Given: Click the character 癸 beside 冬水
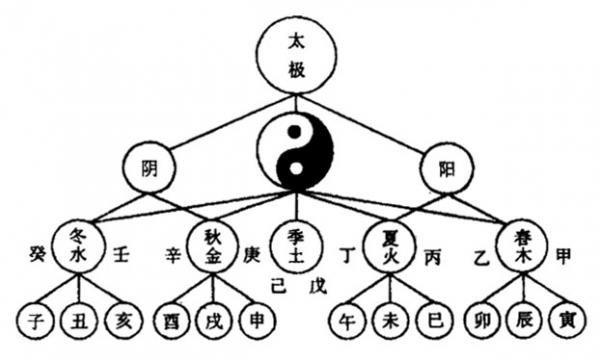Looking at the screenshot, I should pyautogui.click(x=36, y=252).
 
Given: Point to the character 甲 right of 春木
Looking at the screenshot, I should pyautogui.click(x=566, y=254).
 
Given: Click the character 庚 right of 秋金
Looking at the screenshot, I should pyautogui.click(x=251, y=254).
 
